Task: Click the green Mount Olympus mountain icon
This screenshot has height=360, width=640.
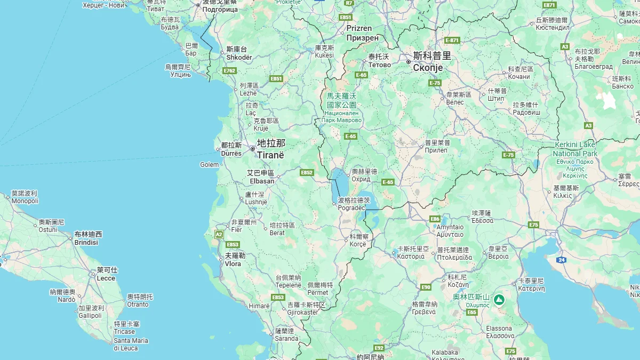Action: pyautogui.click(x=499, y=300)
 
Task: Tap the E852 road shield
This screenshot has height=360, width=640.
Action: pyautogui.click(x=307, y=172)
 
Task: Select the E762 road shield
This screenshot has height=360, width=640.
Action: pyautogui.click(x=230, y=71)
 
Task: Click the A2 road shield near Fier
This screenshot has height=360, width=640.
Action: pyautogui.click(x=219, y=234)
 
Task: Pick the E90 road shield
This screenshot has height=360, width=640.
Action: pyautogui.click(x=426, y=287)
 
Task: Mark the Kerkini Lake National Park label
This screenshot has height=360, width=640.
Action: pyautogui.click(x=575, y=149)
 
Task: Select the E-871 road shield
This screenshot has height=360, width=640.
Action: pyautogui.click(x=452, y=40)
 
